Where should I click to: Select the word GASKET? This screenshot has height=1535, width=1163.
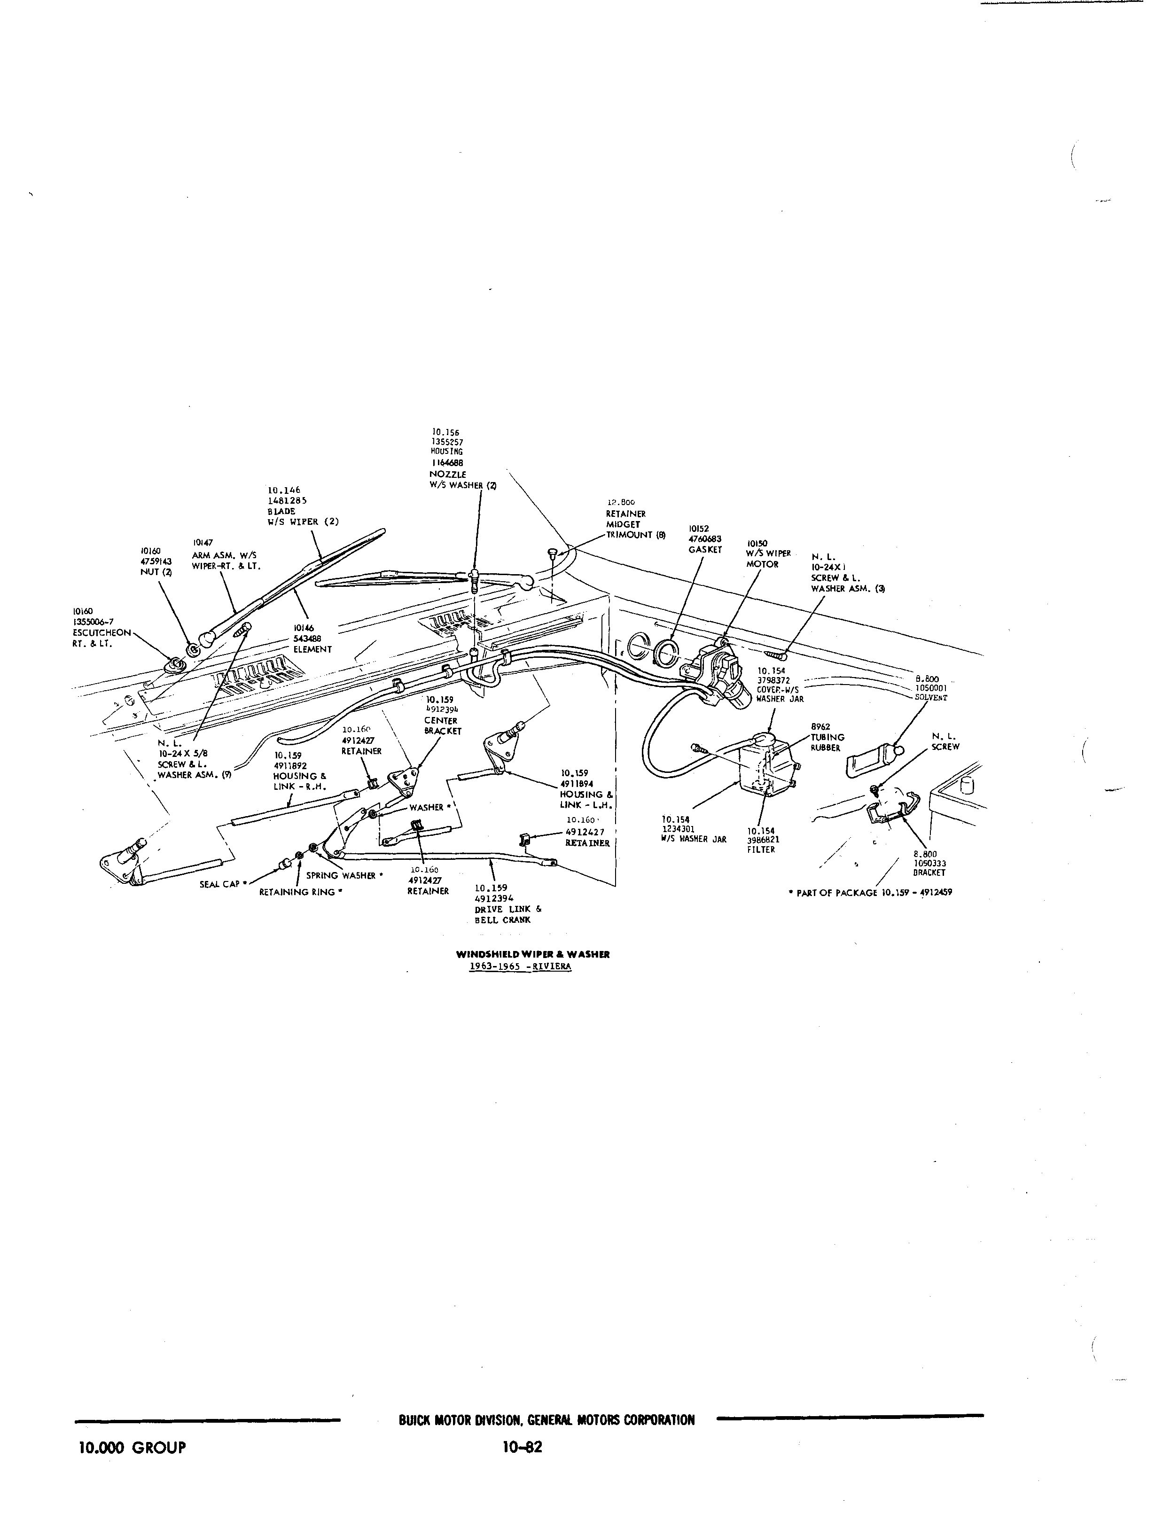(705, 550)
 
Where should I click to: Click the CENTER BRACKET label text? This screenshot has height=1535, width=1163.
(443, 726)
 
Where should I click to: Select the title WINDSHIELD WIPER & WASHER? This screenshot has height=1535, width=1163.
(532, 954)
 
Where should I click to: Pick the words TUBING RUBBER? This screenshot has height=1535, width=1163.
(827, 742)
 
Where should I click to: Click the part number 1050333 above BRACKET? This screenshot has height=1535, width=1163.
(930, 864)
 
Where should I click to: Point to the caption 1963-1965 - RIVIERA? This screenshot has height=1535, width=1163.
(521, 966)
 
